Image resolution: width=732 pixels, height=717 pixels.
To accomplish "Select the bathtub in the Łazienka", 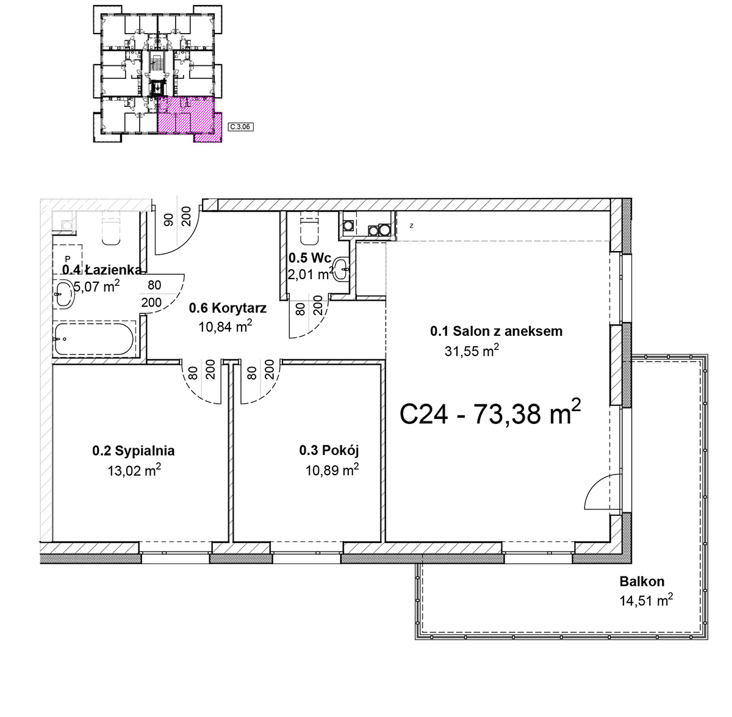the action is (x=94, y=339).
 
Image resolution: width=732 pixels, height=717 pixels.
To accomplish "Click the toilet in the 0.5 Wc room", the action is (x=310, y=230).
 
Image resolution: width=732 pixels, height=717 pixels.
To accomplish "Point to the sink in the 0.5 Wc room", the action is (x=342, y=269).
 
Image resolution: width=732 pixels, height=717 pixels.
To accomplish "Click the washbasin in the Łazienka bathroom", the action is (x=64, y=294).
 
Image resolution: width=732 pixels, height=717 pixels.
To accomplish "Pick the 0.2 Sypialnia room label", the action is (x=134, y=451).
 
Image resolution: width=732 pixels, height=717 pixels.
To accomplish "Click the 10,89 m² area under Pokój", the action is (x=332, y=470).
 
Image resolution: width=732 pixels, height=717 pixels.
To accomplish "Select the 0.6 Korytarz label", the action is (x=228, y=308).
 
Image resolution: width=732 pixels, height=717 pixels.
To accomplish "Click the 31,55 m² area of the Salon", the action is (x=472, y=350).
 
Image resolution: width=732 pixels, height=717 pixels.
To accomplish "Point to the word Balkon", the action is (x=642, y=581).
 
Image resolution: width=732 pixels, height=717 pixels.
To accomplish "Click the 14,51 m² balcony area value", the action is (x=646, y=600).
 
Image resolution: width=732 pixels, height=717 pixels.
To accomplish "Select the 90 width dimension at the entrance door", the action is (x=169, y=219).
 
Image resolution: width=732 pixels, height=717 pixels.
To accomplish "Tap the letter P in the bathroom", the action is (x=68, y=259).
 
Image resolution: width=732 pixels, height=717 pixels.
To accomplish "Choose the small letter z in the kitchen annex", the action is (x=412, y=226).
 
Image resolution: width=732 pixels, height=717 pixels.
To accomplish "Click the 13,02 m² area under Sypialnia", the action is (x=134, y=470).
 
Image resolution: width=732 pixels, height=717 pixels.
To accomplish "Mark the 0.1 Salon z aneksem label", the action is (x=496, y=331).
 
